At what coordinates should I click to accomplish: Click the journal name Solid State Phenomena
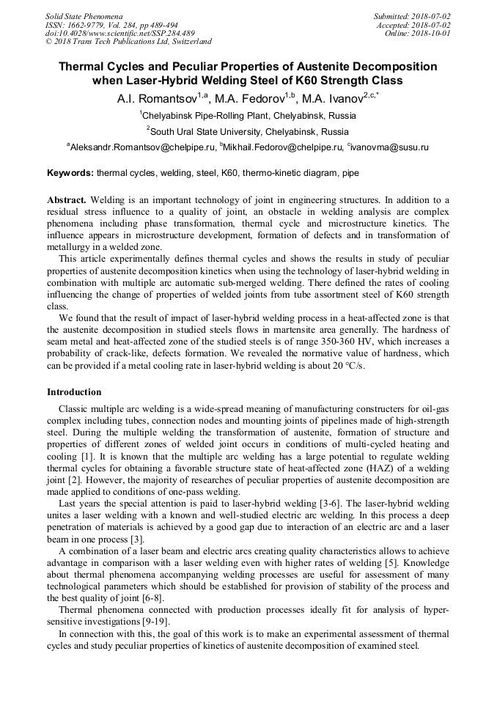coord(84,16)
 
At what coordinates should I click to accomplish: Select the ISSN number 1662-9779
coord(88,24)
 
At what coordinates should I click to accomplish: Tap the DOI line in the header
coord(120,33)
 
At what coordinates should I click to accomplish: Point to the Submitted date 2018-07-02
coord(431,16)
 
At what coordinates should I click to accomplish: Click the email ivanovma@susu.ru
coord(390,147)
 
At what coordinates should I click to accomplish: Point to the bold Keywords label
coord(70,174)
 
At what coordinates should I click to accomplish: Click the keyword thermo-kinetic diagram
coord(290,174)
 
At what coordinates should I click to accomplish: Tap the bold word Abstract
coord(67,200)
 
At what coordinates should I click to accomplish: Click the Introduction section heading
coord(74,392)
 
